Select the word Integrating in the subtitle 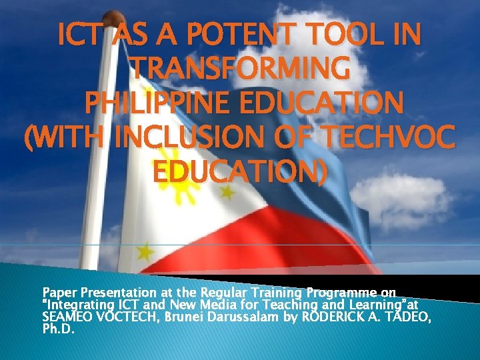[x=71, y=304]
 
